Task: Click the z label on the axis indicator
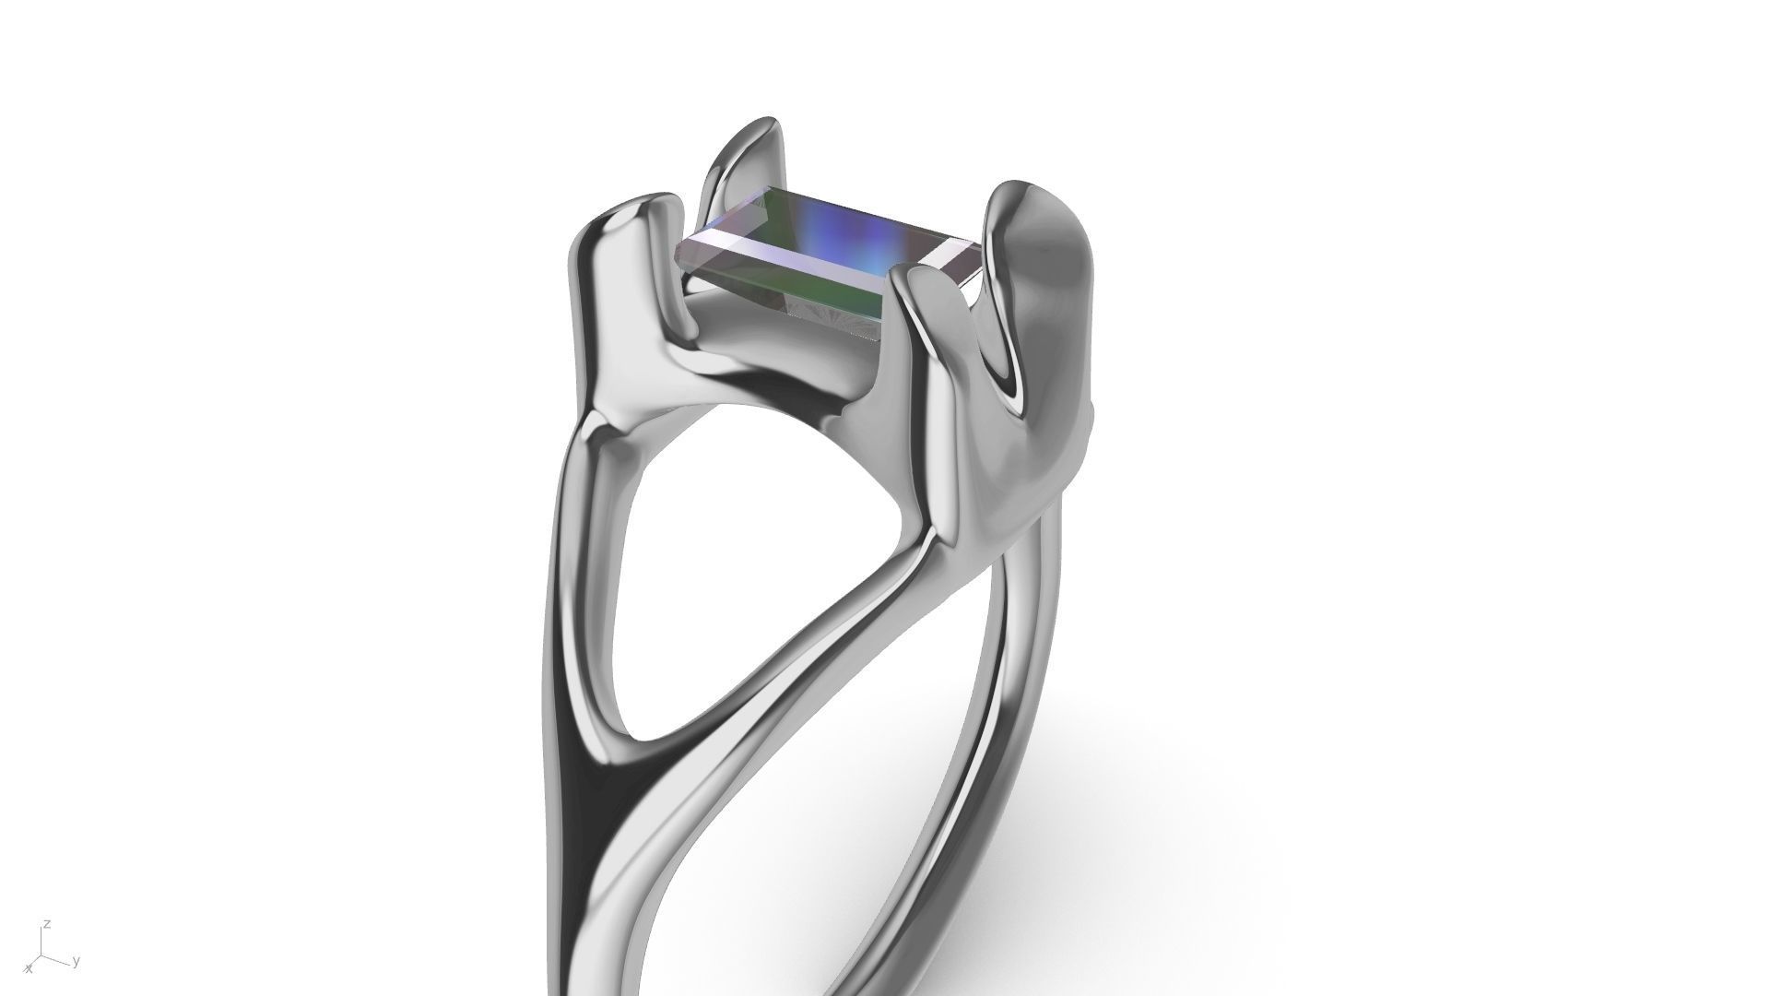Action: pos(46,924)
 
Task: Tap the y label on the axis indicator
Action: pos(76,962)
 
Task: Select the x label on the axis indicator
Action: pos(29,969)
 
